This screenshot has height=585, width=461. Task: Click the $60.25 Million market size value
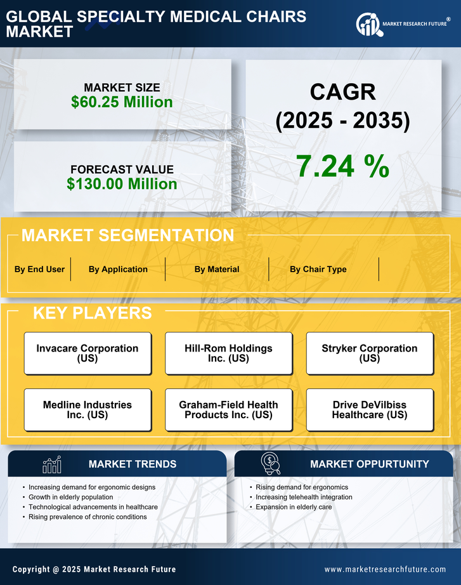[122, 102]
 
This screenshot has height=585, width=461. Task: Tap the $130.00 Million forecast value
[122, 184]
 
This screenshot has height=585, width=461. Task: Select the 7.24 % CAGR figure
[342, 166]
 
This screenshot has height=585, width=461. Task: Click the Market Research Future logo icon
[368, 25]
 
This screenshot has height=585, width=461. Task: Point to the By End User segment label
[39, 269]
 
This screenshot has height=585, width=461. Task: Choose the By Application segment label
[118, 269]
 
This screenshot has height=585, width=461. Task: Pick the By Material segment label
[217, 269]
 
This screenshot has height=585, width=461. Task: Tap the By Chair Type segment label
[318, 269]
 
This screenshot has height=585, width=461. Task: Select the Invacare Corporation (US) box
[88, 353]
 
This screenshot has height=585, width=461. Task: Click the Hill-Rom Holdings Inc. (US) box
[228, 353]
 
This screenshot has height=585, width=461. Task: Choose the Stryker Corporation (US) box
[370, 353]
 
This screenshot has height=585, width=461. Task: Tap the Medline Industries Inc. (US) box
[88, 410]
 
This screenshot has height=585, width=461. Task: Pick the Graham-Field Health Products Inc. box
[228, 410]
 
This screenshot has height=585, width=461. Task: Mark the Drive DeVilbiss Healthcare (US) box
[370, 410]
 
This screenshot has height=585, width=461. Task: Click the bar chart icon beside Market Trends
[51, 464]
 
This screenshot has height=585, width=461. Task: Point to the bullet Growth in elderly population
[71, 497]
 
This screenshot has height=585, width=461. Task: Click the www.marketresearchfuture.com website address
[385, 569]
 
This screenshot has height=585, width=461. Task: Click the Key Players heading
[92, 313]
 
